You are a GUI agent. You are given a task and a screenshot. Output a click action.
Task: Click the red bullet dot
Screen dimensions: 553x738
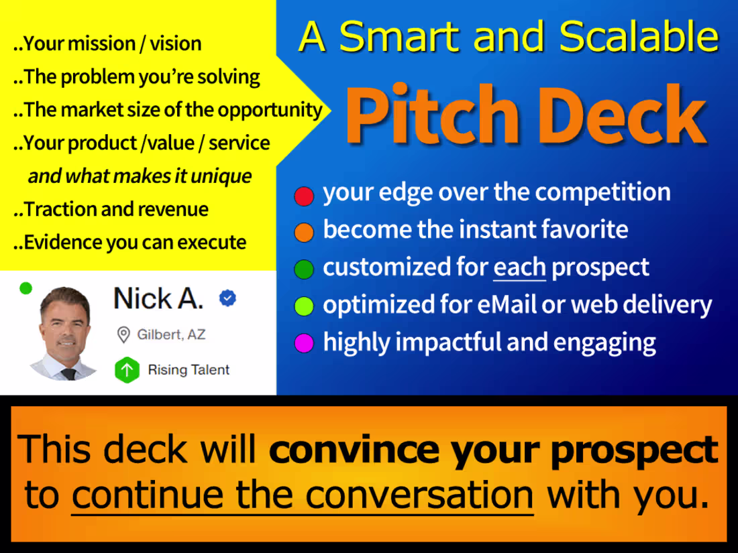[304, 196]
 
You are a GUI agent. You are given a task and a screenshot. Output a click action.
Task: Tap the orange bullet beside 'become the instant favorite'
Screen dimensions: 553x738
[304, 233]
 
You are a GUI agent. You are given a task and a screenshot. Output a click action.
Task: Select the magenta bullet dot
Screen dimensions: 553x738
[304, 344]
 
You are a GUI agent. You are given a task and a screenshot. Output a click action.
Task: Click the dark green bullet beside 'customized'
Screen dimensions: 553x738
[304, 269]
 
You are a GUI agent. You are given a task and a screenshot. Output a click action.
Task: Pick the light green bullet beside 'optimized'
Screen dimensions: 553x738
[304, 306]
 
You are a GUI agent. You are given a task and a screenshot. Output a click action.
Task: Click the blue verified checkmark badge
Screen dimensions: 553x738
[228, 299]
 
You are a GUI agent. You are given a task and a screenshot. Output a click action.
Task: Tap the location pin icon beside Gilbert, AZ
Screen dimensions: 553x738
[123, 334]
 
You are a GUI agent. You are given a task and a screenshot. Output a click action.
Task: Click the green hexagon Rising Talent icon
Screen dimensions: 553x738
[127, 370]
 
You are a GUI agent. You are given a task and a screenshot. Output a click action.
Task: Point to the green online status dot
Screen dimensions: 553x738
[25, 288]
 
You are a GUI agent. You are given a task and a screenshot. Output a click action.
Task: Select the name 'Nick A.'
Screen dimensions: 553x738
[158, 298]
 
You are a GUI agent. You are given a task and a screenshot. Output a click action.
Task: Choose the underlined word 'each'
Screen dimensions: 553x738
[519, 267]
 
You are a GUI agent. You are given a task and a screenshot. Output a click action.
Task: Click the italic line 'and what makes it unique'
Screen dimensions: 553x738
[140, 176]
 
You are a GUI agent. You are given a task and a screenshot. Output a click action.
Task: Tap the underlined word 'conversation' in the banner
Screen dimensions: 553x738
[419, 496]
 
